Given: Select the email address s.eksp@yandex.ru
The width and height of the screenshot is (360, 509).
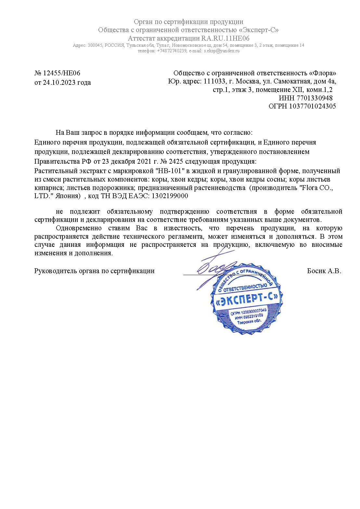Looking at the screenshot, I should pos(222,51).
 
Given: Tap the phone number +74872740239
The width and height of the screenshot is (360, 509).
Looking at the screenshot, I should pos(172,51).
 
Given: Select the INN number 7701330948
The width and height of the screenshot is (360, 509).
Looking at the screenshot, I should pos(315,98).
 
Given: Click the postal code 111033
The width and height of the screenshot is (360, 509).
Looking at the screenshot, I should pos(214,81).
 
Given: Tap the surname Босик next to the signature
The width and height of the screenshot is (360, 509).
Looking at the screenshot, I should pos(316,271).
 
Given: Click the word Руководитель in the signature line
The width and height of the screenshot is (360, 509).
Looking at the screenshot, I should pos(55,271).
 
